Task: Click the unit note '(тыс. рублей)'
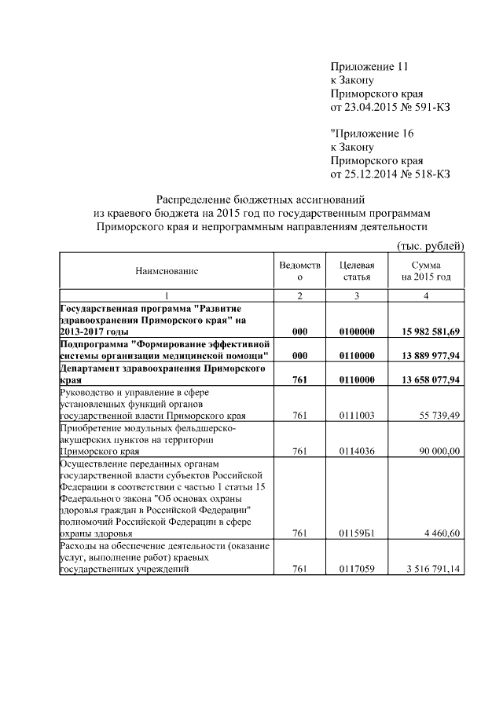[430, 246]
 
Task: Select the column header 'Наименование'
[167, 271]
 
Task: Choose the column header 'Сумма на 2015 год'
[425, 271]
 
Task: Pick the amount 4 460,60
[442, 534]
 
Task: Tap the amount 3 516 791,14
[431, 570]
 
